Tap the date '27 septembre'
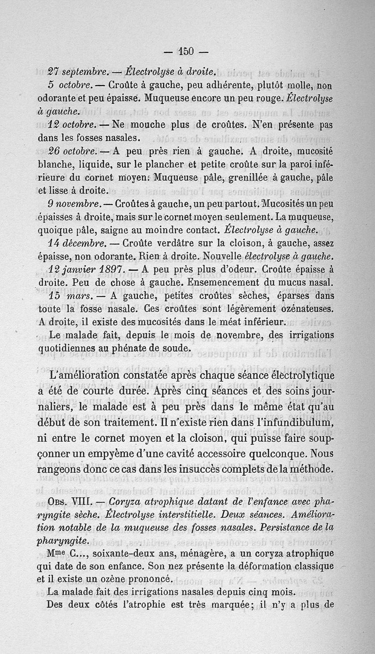[78, 72]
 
